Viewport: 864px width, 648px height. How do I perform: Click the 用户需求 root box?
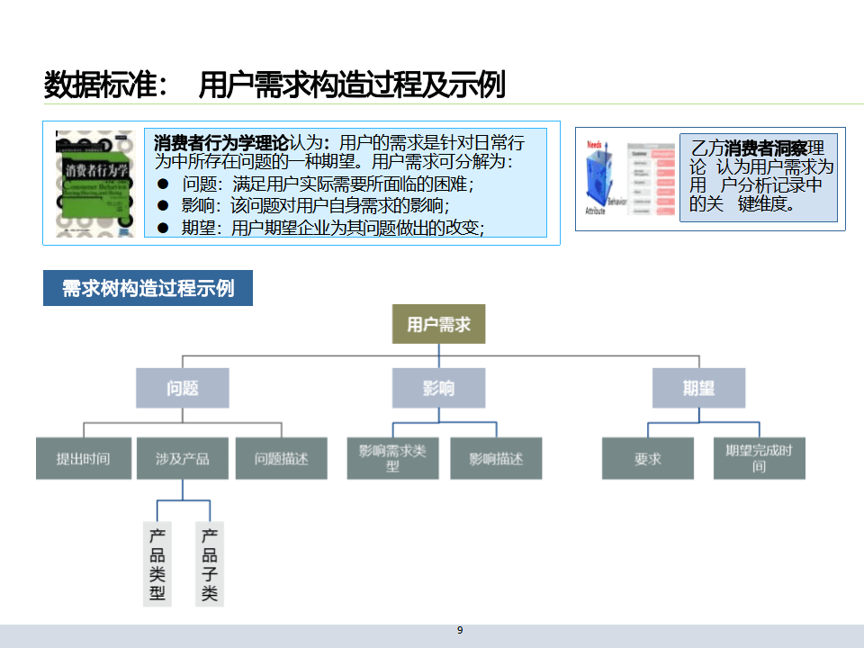[438, 324]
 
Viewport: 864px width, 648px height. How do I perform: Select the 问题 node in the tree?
[183, 388]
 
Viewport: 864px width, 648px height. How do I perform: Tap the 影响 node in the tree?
[438, 388]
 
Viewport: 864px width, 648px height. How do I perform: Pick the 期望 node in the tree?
[698, 388]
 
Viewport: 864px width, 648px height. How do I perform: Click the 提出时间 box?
[83, 458]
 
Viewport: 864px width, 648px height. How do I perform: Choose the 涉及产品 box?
[183, 458]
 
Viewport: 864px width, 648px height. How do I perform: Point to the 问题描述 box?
[281, 458]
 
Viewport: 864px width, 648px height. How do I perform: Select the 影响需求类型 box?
[392, 458]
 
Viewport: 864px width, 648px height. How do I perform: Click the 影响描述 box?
[496, 458]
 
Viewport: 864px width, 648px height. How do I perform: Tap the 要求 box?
[647, 458]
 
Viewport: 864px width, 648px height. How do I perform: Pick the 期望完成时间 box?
[759, 458]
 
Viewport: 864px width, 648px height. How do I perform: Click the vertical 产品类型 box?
[157, 563]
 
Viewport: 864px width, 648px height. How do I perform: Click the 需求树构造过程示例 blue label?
[148, 288]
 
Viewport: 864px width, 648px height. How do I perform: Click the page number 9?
[460, 630]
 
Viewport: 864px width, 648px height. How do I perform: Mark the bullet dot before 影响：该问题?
[163, 205]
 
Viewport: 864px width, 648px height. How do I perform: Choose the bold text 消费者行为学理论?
[221, 142]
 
